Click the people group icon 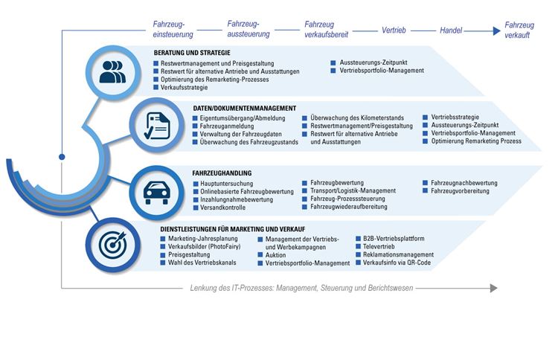click(x=112, y=72)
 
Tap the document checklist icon click(x=157, y=126)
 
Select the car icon click(x=156, y=193)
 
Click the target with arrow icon click(x=112, y=245)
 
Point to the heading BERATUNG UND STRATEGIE click(x=192, y=53)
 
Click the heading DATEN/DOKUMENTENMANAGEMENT click(x=245, y=108)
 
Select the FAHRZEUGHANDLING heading click(x=222, y=173)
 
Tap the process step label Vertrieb click(x=394, y=30)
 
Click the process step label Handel click(x=451, y=30)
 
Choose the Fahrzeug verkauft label click(x=519, y=30)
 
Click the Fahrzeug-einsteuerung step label click(x=173, y=30)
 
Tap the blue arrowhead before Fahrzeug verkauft click(x=496, y=31)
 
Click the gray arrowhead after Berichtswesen click(x=493, y=288)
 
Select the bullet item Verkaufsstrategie click(x=184, y=88)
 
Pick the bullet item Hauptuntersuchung click(x=226, y=184)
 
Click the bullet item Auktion click(x=275, y=255)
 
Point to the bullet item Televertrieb click(x=379, y=246)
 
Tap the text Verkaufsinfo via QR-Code click(x=397, y=263)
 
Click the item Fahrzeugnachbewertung click(x=464, y=183)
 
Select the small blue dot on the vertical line click(x=62, y=157)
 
